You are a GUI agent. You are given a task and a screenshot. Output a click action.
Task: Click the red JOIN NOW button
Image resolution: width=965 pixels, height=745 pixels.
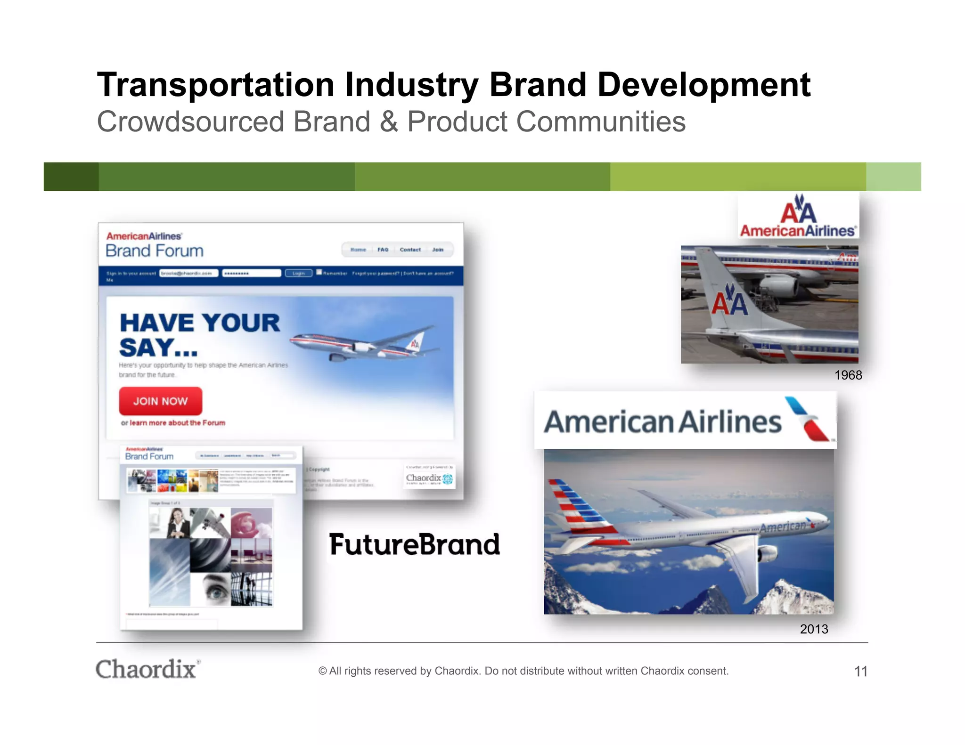point(160,401)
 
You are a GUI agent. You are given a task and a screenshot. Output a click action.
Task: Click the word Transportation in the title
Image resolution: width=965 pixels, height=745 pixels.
point(216,85)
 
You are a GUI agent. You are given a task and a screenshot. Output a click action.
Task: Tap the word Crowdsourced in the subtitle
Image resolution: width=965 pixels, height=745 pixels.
point(190,122)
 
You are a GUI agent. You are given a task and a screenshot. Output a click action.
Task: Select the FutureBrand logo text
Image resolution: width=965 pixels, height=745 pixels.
point(414,545)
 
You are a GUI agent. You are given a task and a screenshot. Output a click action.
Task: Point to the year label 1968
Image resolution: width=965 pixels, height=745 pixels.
point(848,375)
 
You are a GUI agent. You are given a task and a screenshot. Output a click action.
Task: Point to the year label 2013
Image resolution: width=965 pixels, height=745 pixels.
point(814,629)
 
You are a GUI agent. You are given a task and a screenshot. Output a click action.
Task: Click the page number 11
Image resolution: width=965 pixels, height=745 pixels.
point(860,671)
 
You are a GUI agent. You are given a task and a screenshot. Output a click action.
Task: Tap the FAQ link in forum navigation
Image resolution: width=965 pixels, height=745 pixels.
point(383,250)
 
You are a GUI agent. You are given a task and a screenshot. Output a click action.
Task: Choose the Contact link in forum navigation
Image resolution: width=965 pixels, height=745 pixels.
point(410,250)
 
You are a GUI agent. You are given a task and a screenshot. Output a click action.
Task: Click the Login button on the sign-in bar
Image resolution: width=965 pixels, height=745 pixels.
point(298,273)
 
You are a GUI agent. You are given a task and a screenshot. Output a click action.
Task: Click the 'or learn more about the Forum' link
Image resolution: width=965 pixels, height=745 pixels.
point(173,423)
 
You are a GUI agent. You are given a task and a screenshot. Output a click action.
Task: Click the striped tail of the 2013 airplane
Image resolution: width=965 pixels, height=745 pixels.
point(577,506)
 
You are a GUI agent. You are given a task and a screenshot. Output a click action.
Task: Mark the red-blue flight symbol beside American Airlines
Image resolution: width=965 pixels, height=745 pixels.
point(808,419)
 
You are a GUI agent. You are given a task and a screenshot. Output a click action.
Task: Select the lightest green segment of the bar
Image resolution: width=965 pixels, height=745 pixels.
point(893,177)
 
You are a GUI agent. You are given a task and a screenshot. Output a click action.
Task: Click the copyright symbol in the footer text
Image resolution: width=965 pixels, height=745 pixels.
point(322,671)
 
